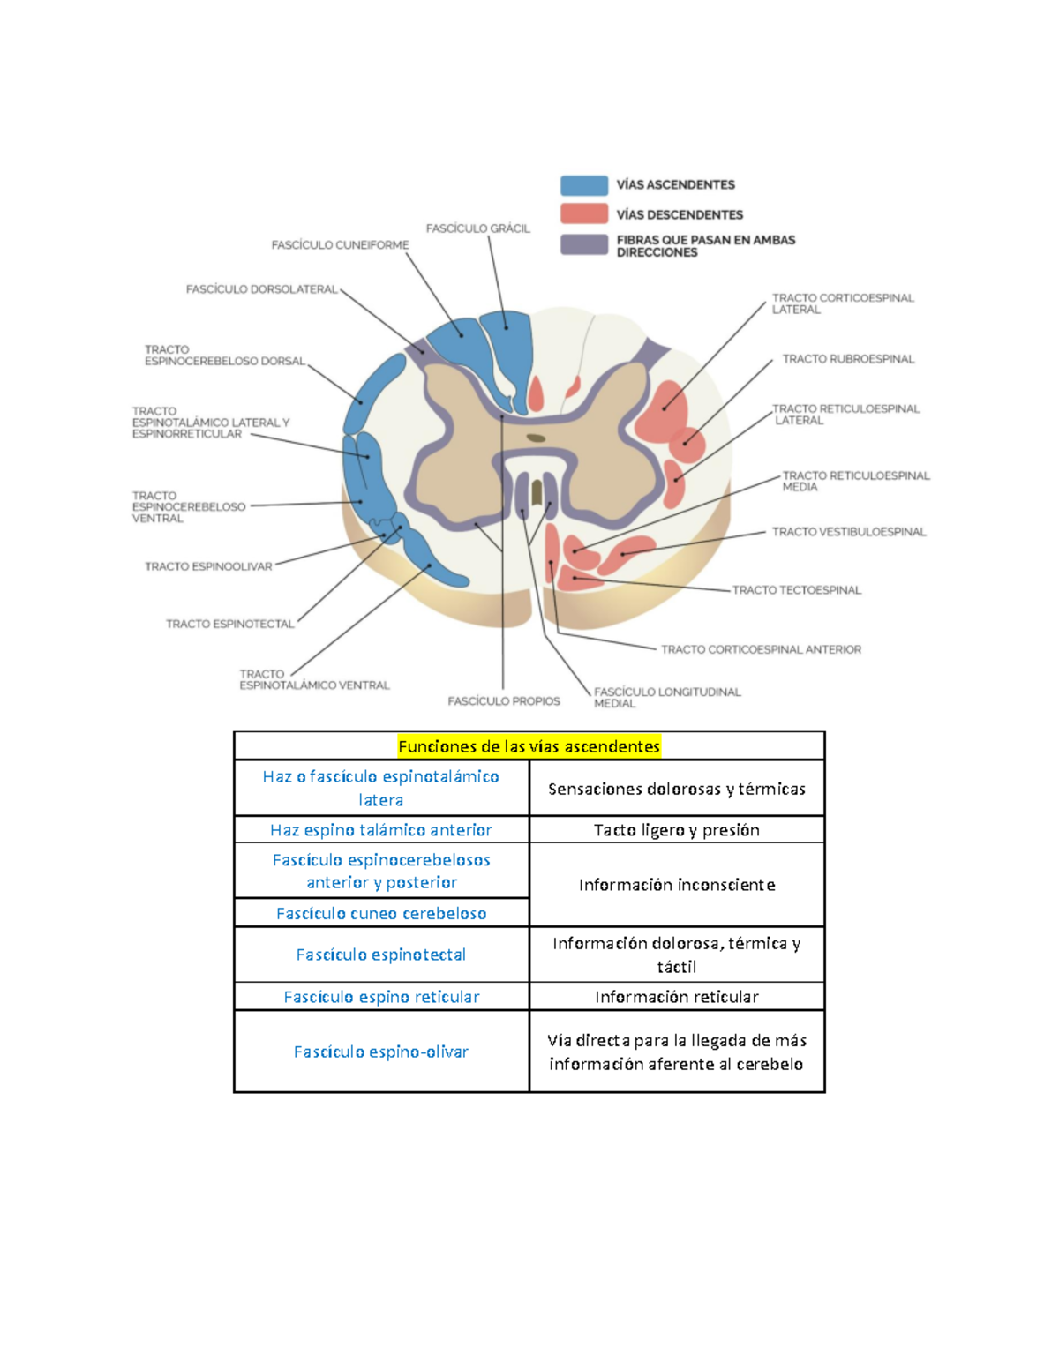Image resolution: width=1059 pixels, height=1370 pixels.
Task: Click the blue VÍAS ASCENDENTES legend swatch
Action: pos(583,185)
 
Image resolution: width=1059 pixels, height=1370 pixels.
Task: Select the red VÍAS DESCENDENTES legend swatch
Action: pos(583,214)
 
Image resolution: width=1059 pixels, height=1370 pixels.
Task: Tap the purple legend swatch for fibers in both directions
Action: pos(583,244)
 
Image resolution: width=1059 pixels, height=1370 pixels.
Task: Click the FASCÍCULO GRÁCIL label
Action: pos(477,228)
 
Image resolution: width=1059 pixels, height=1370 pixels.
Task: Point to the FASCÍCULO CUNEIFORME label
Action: pos(340,245)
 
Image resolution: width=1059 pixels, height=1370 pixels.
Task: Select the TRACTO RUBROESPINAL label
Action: pos(848,359)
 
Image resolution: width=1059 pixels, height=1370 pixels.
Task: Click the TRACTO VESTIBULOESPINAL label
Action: pos(848,532)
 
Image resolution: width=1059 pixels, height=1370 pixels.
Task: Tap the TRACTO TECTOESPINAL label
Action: pos(796,590)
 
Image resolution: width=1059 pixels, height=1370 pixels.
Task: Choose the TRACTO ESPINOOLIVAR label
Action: pos(208,566)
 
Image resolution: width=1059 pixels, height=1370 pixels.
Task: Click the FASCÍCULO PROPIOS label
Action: pos(503,701)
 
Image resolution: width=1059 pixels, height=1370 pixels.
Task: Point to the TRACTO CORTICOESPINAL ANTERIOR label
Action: pos(761,649)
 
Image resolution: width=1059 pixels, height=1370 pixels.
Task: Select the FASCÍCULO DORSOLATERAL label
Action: pos(261,289)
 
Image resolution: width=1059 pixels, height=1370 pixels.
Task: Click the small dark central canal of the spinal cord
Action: pos(536,438)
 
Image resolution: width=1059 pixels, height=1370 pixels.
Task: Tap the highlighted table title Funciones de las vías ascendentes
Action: pos(529,746)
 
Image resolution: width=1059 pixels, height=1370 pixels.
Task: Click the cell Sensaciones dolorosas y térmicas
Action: pos(676,789)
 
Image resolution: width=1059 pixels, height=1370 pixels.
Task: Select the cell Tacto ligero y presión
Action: pos(676,830)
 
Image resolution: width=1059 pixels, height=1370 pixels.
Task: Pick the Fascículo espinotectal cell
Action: pos(381,955)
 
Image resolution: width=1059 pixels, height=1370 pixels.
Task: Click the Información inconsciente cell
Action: pos(676,885)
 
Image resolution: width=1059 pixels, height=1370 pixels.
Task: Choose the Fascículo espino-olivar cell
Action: pos(381,1052)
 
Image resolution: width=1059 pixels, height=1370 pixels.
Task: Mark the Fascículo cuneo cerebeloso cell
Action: pos(381,913)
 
